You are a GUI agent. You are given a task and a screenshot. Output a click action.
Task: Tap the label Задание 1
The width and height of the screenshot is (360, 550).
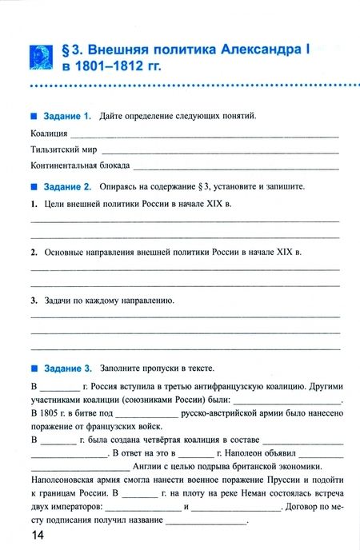pos(67,117)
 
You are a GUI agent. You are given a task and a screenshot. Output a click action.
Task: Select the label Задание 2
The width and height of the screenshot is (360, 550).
pos(67,186)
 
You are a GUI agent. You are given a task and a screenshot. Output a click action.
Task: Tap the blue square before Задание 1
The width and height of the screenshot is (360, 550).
pos(34,117)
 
